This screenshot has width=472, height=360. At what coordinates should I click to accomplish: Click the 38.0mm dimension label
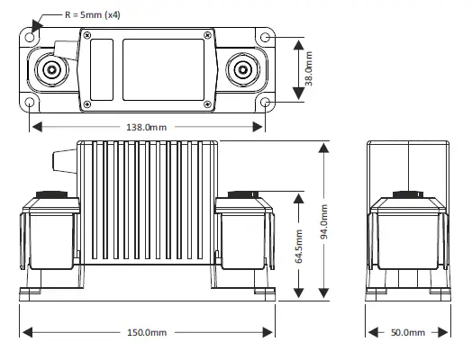[x=309, y=68]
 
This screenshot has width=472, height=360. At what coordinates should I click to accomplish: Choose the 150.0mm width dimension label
[x=146, y=333]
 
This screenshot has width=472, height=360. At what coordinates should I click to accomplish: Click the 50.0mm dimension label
[x=407, y=333]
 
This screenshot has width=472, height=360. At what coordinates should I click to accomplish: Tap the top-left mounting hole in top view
[x=33, y=37]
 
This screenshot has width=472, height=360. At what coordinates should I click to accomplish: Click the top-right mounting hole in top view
[x=266, y=37]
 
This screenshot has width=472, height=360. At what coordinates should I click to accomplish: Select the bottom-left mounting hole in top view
[x=33, y=102]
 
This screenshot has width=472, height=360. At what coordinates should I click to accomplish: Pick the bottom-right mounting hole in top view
[x=266, y=102]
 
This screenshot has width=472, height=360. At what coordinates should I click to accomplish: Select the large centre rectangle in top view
[x=163, y=68]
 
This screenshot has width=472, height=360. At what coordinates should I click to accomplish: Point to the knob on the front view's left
[x=64, y=161]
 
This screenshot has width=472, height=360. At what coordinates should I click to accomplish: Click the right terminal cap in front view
[x=243, y=194]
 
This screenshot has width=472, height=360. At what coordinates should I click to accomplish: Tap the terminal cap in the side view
[x=408, y=193]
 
